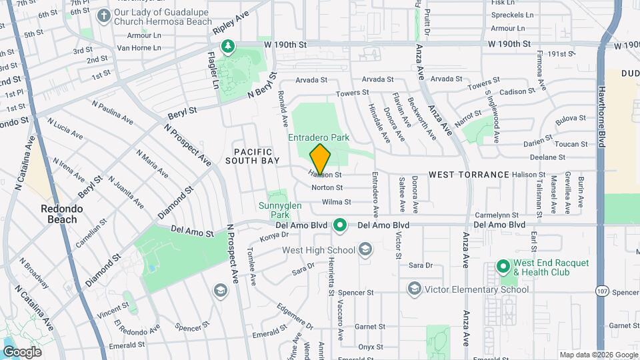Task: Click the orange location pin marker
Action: [320, 159]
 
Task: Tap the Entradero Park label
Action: [319, 137]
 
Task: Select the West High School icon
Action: [365, 250]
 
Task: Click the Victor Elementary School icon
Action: [415, 289]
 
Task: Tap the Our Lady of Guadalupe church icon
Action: [103, 15]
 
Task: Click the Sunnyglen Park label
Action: [280, 211]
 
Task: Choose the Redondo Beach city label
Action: [61, 213]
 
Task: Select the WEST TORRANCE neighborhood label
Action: [469, 174]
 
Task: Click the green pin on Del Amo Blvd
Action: [340, 225]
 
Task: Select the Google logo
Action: [22, 351]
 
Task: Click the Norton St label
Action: [327, 188]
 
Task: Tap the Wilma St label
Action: [337, 202]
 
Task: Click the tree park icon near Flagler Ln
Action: [228, 46]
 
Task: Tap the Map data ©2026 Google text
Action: [598, 355]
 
